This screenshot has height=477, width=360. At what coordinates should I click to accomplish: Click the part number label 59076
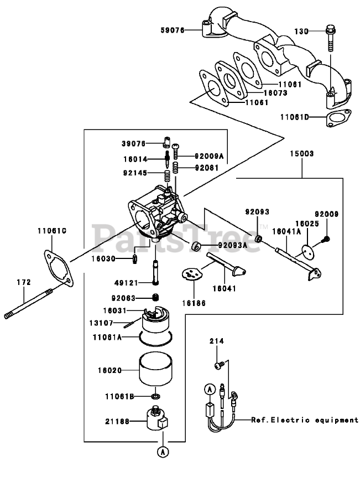173,30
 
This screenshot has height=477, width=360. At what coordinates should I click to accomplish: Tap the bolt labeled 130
330,38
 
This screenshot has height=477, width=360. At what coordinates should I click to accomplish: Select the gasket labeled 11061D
338,118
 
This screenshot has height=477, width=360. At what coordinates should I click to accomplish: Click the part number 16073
275,93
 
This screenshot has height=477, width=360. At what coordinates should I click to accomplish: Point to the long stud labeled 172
28,304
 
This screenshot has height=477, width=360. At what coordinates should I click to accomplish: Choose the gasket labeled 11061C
59,268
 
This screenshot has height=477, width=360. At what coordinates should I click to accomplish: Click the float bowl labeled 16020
155,369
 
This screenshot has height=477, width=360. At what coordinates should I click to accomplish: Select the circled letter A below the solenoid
163,452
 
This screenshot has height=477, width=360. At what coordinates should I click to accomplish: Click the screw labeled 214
219,365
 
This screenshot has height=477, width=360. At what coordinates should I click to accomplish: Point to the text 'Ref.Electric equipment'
305,420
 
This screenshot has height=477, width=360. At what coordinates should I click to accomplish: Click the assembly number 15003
301,154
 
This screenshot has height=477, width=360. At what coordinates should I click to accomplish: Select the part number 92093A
233,245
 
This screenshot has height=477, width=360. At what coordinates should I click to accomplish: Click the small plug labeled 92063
155,298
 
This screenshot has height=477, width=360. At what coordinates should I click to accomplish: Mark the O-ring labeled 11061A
156,339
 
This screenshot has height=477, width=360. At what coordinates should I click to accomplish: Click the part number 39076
133,143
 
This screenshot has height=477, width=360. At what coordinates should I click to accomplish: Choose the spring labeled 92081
175,167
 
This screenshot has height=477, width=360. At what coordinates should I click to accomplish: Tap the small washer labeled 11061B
156,396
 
